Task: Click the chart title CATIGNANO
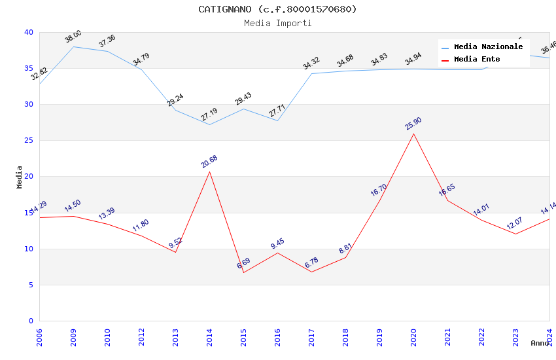click(277, 9)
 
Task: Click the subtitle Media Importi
click(277, 23)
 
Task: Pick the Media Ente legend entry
click(477, 59)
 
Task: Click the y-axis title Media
click(20, 177)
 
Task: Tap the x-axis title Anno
click(540, 343)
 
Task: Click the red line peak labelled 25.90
click(413, 134)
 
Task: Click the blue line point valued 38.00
click(73, 46)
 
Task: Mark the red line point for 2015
click(243, 272)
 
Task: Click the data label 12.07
click(515, 224)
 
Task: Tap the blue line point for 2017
click(311, 73)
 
